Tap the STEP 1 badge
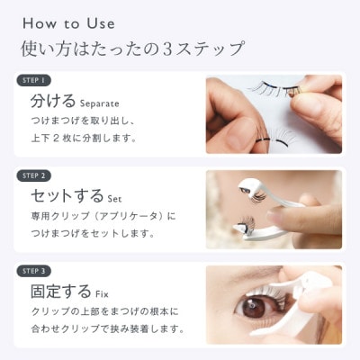tap(34, 80)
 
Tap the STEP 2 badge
tap(34, 176)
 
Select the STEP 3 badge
tap(34, 270)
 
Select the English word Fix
tap(105, 293)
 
